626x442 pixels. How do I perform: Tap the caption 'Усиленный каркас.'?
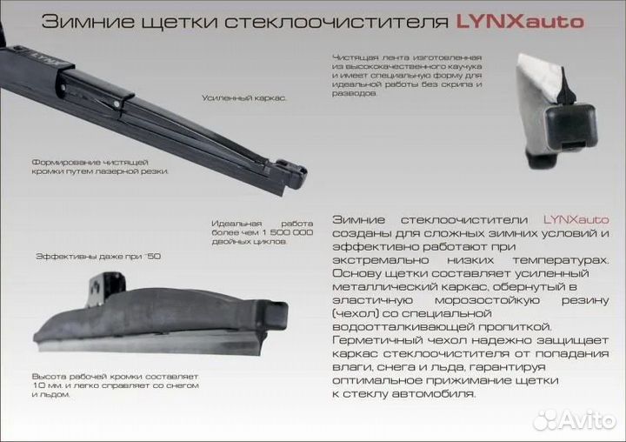244,99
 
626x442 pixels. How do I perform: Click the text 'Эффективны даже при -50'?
98,258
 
